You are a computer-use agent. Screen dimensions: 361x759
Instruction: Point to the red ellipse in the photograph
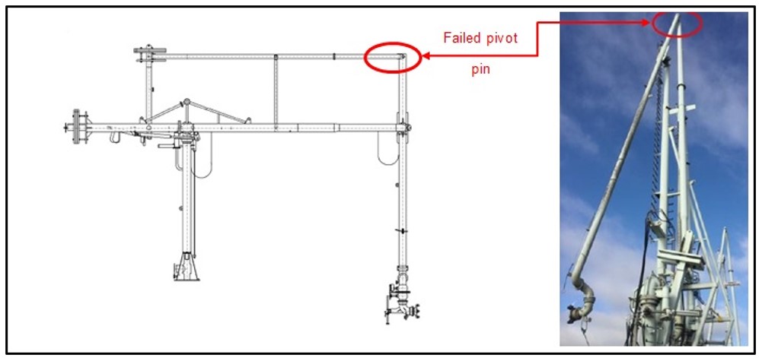678,23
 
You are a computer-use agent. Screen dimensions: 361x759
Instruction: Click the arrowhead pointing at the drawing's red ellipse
426,55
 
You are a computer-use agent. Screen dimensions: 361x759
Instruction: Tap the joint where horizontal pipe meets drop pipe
403,126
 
